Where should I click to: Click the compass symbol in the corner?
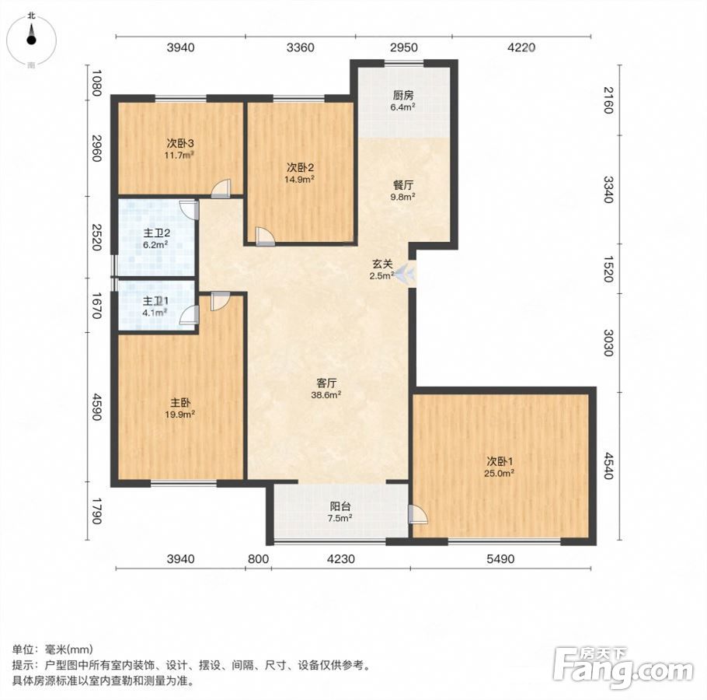(31, 40)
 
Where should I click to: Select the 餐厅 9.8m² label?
(403, 191)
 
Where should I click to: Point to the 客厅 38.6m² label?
(326, 389)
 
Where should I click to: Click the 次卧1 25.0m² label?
(500, 467)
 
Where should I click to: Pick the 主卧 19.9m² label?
(180, 408)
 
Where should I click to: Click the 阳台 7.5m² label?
(340, 512)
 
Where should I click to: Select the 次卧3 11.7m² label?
(180, 149)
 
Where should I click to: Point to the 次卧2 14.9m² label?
(301, 173)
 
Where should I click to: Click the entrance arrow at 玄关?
(406, 272)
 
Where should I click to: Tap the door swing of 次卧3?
(221, 189)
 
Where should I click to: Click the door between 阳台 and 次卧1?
(417, 514)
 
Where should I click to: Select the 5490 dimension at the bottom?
(500, 559)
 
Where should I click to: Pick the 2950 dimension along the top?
(403, 47)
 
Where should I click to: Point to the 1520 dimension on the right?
(608, 269)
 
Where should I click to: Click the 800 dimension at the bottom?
(259, 559)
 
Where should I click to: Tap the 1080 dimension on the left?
(96, 82)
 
